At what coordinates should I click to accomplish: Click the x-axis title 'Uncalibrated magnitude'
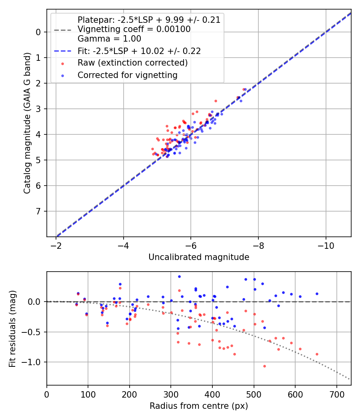coord(199,257)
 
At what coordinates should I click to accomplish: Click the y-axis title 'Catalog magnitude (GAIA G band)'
coord(27,122)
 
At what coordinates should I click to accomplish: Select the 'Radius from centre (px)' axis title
coord(199,406)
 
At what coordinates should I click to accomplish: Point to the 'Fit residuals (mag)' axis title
coord(12,328)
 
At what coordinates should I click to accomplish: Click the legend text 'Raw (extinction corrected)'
coord(132,63)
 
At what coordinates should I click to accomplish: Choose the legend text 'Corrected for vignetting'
coord(128,75)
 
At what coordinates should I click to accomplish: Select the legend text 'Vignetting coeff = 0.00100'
coord(134,29)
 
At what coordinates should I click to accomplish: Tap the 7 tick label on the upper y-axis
coord(39,211)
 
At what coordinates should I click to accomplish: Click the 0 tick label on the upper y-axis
coord(39,32)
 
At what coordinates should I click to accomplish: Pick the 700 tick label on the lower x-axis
coord(336,394)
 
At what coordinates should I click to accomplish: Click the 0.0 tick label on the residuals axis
coord(35,302)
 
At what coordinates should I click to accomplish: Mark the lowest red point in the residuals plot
coord(264,366)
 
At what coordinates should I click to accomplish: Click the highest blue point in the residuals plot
coord(179,276)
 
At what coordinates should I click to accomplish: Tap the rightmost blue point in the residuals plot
coord(317,294)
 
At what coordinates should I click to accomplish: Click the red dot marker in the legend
coord(62,63)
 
